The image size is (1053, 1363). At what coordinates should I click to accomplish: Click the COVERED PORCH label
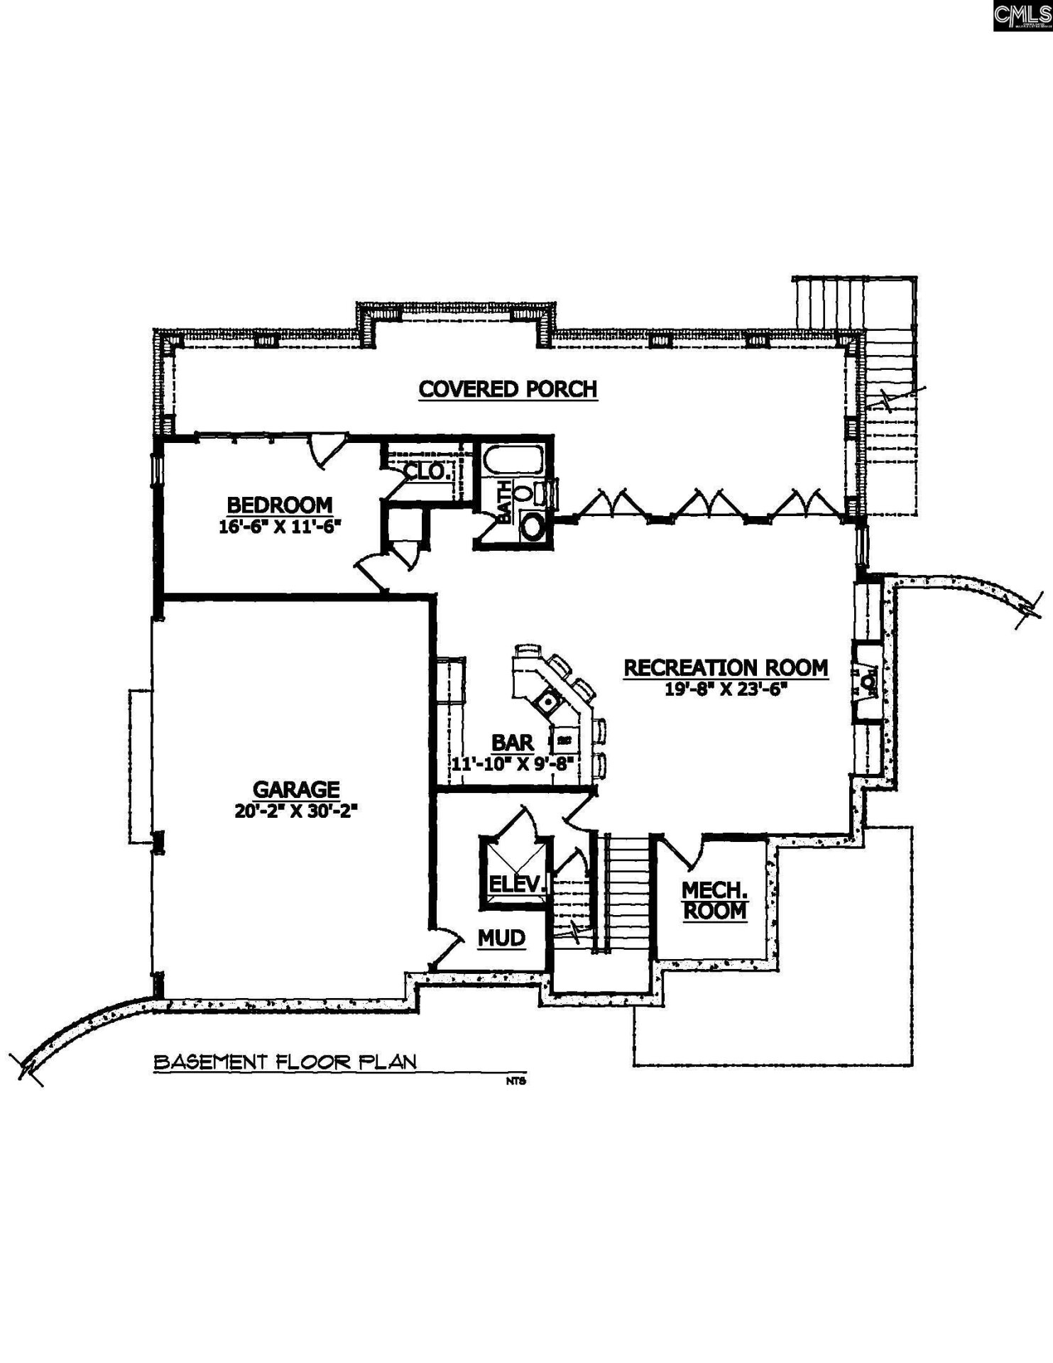(x=508, y=389)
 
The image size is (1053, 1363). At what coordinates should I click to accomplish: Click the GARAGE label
(x=296, y=789)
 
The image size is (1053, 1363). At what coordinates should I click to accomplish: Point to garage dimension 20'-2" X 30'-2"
(x=295, y=811)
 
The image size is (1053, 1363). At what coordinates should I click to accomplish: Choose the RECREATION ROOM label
(x=726, y=668)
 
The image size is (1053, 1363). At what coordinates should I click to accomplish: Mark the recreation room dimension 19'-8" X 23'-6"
(x=726, y=689)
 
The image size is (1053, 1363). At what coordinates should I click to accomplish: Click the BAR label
(x=512, y=743)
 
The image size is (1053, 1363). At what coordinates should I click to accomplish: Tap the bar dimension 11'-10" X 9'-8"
(x=512, y=764)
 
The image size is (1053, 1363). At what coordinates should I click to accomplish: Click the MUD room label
(x=501, y=938)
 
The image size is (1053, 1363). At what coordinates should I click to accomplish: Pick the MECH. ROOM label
(x=714, y=900)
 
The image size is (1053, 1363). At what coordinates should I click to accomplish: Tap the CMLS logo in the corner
(x=1022, y=16)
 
